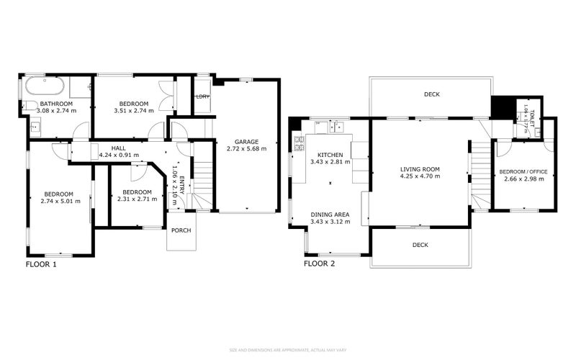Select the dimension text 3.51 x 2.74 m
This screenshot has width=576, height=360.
[135, 111]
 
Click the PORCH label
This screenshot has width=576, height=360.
[181, 230]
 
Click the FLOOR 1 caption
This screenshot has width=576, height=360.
[41, 264]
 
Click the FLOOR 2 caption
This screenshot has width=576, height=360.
[319, 264]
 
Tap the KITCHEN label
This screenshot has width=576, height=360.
[330, 154]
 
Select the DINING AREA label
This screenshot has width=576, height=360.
[330, 215]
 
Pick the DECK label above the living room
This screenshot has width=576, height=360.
[431, 94]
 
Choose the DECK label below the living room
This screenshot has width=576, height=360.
[420, 245]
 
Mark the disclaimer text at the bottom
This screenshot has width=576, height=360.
[288, 351]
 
